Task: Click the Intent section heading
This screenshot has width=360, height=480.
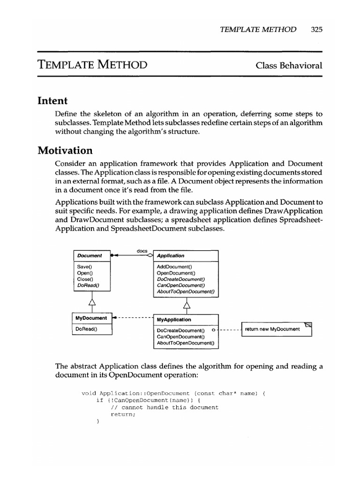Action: tap(53, 101)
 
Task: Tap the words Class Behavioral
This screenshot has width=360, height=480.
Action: tap(289, 65)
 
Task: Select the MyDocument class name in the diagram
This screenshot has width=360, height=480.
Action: tap(91, 318)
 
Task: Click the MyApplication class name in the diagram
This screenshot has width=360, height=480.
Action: tap(174, 319)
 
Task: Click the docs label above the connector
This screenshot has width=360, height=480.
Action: tap(142, 251)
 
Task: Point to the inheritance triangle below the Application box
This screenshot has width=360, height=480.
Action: tap(187, 306)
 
